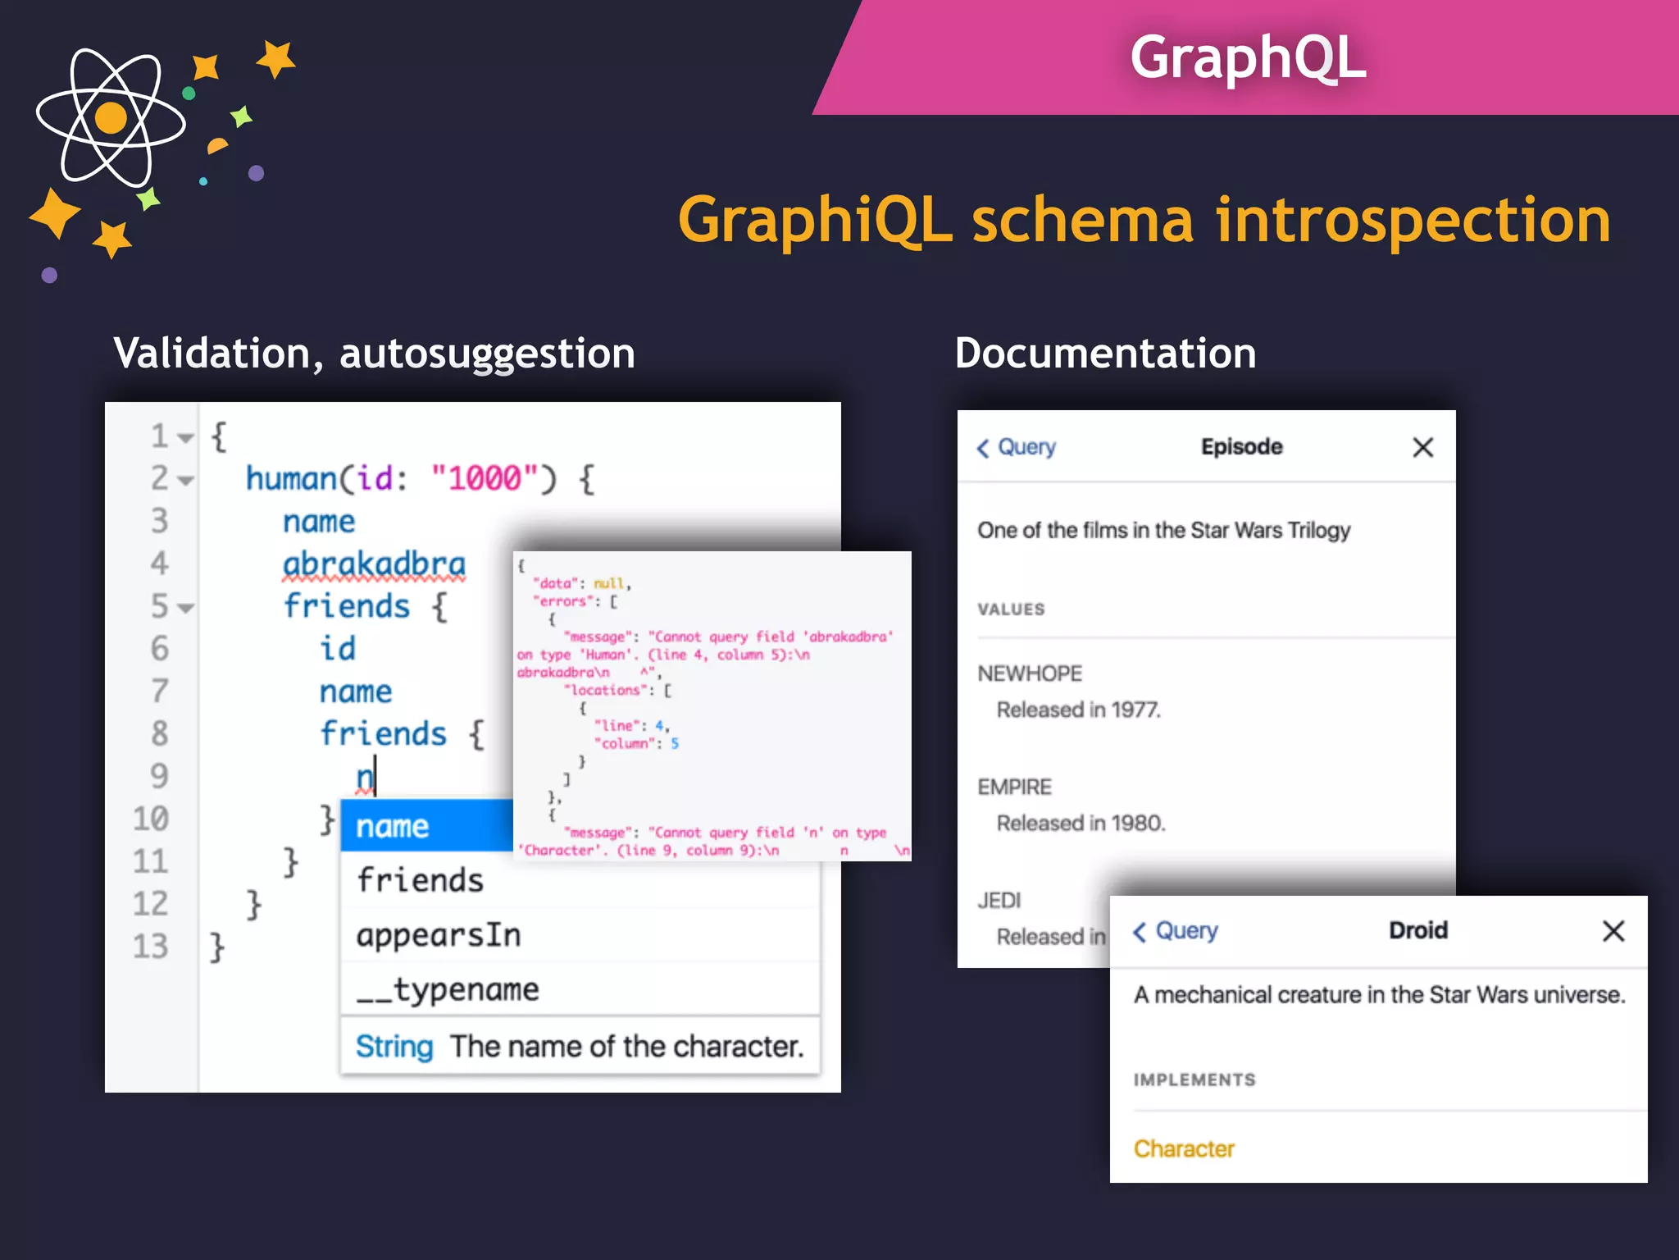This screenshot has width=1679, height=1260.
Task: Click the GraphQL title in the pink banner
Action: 1248,57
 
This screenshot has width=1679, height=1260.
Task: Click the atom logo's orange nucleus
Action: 111,118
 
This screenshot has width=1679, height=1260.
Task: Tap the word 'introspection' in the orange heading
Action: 1413,221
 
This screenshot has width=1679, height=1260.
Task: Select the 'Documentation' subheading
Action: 1105,354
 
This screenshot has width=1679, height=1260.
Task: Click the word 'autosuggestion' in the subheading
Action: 487,354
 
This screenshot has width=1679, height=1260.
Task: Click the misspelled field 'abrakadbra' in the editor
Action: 374,564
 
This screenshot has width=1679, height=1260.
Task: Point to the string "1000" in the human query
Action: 484,478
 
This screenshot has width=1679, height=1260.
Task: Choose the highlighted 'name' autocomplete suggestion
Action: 393,826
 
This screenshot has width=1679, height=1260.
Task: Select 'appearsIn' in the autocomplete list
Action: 439,935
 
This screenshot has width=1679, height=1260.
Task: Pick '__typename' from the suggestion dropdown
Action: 448,989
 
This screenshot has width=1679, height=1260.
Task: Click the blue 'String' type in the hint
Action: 394,1047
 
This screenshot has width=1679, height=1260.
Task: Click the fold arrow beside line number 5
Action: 186,608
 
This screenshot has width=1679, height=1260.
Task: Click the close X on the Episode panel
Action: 1422,447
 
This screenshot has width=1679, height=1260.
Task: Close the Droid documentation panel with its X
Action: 1613,931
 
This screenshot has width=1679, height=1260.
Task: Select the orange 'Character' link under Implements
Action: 1184,1148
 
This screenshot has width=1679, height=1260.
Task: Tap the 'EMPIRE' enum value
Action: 1014,787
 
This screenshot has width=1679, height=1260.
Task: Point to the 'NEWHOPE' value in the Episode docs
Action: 1030,673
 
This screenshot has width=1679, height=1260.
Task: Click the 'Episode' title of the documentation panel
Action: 1241,447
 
